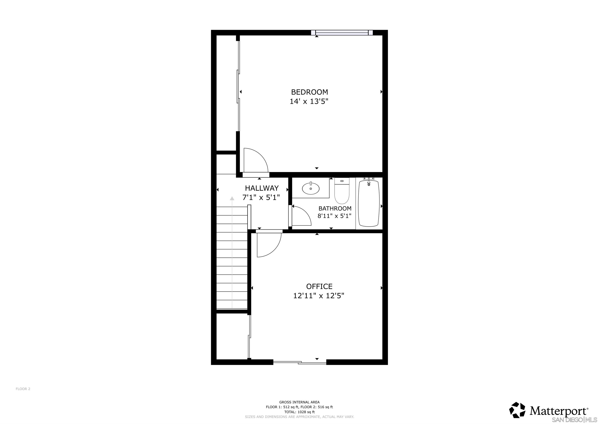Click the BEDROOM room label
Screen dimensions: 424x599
[309, 92]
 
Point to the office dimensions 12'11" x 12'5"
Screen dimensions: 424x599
[319, 296]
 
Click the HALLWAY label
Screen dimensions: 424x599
[262, 188]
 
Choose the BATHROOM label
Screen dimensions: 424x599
[335, 208]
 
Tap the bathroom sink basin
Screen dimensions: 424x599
[310, 188]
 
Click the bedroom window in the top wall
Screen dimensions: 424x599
[342, 33]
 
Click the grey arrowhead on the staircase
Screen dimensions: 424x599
[232, 198]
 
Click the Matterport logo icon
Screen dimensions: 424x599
[517, 410]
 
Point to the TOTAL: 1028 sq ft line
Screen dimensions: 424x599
[299, 412]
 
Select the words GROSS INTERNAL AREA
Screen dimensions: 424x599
[299, 402]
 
